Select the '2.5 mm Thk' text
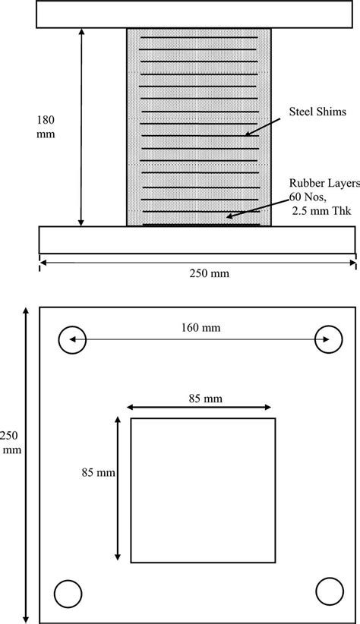click(x=322, y=210)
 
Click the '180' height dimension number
click(x=45, y=119)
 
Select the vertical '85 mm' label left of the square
click(x=96, y=472)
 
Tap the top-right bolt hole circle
click(x=328, y=339)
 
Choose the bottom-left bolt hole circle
click(x=68, y=592)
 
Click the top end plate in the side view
click(x=198, y=15)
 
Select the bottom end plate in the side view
click(x=198, y=239)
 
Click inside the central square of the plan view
click(x=203, y=490)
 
